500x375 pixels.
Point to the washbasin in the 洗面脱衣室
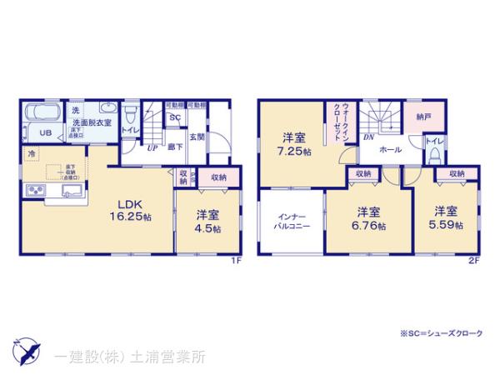pyautogui.click(x=109, y=108)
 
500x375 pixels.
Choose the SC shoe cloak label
pyautogui.click(x=175, y=117)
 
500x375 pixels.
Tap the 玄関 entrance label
pyautogui.click(x=197, y=137)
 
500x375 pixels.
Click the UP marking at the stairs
pyautogui.click(x=152, y=147)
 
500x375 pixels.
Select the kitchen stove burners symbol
pyautogui.click(x=38, y=192)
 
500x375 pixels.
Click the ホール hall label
pyautogui.click(x=390, y=150)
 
